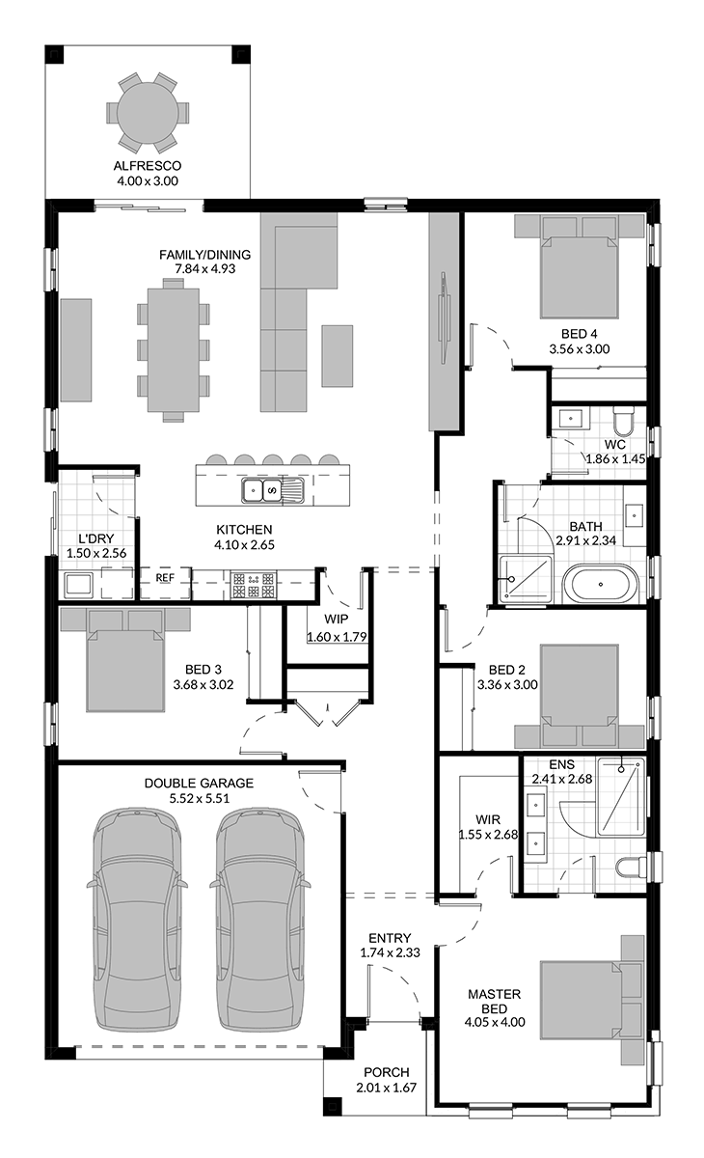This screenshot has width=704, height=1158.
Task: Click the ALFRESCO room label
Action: click(148, 166)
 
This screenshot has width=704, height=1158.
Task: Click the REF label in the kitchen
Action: click(165, 577)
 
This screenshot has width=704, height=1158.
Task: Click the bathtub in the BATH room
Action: click(600, 584)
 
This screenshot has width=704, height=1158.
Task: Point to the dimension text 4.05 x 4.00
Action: click(495, 1022)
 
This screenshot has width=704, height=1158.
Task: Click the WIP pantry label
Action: click(337, 619)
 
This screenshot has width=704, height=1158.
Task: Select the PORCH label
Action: click(387, 1073)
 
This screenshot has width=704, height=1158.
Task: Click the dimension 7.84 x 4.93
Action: click(205, 269)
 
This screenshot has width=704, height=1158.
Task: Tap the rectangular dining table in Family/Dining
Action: click(173, 350)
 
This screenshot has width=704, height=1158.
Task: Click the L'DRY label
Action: click(96, 538)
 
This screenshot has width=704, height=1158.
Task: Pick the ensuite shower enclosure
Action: click(621, 797)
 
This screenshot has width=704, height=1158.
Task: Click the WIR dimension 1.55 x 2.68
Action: click(488, 835)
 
